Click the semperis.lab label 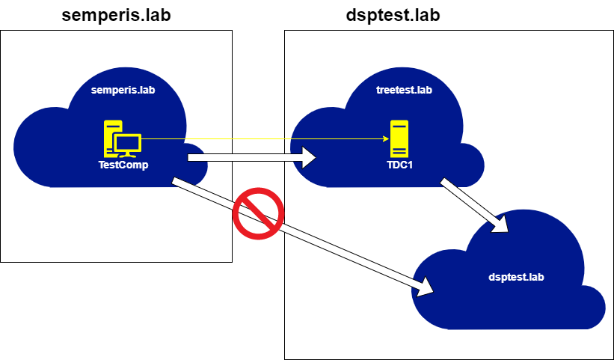tap(123, 91)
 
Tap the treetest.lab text tap(404, 91)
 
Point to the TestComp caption tap(123, 165)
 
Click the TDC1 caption tap(397, 165)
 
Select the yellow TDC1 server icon tap(399, 138)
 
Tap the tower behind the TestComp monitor tap(111, 135)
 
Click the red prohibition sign tap(258, 213)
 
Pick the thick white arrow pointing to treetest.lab tap(247, 157)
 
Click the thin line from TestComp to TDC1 tap(262, 139)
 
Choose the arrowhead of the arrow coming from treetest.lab tap(499, 223)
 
